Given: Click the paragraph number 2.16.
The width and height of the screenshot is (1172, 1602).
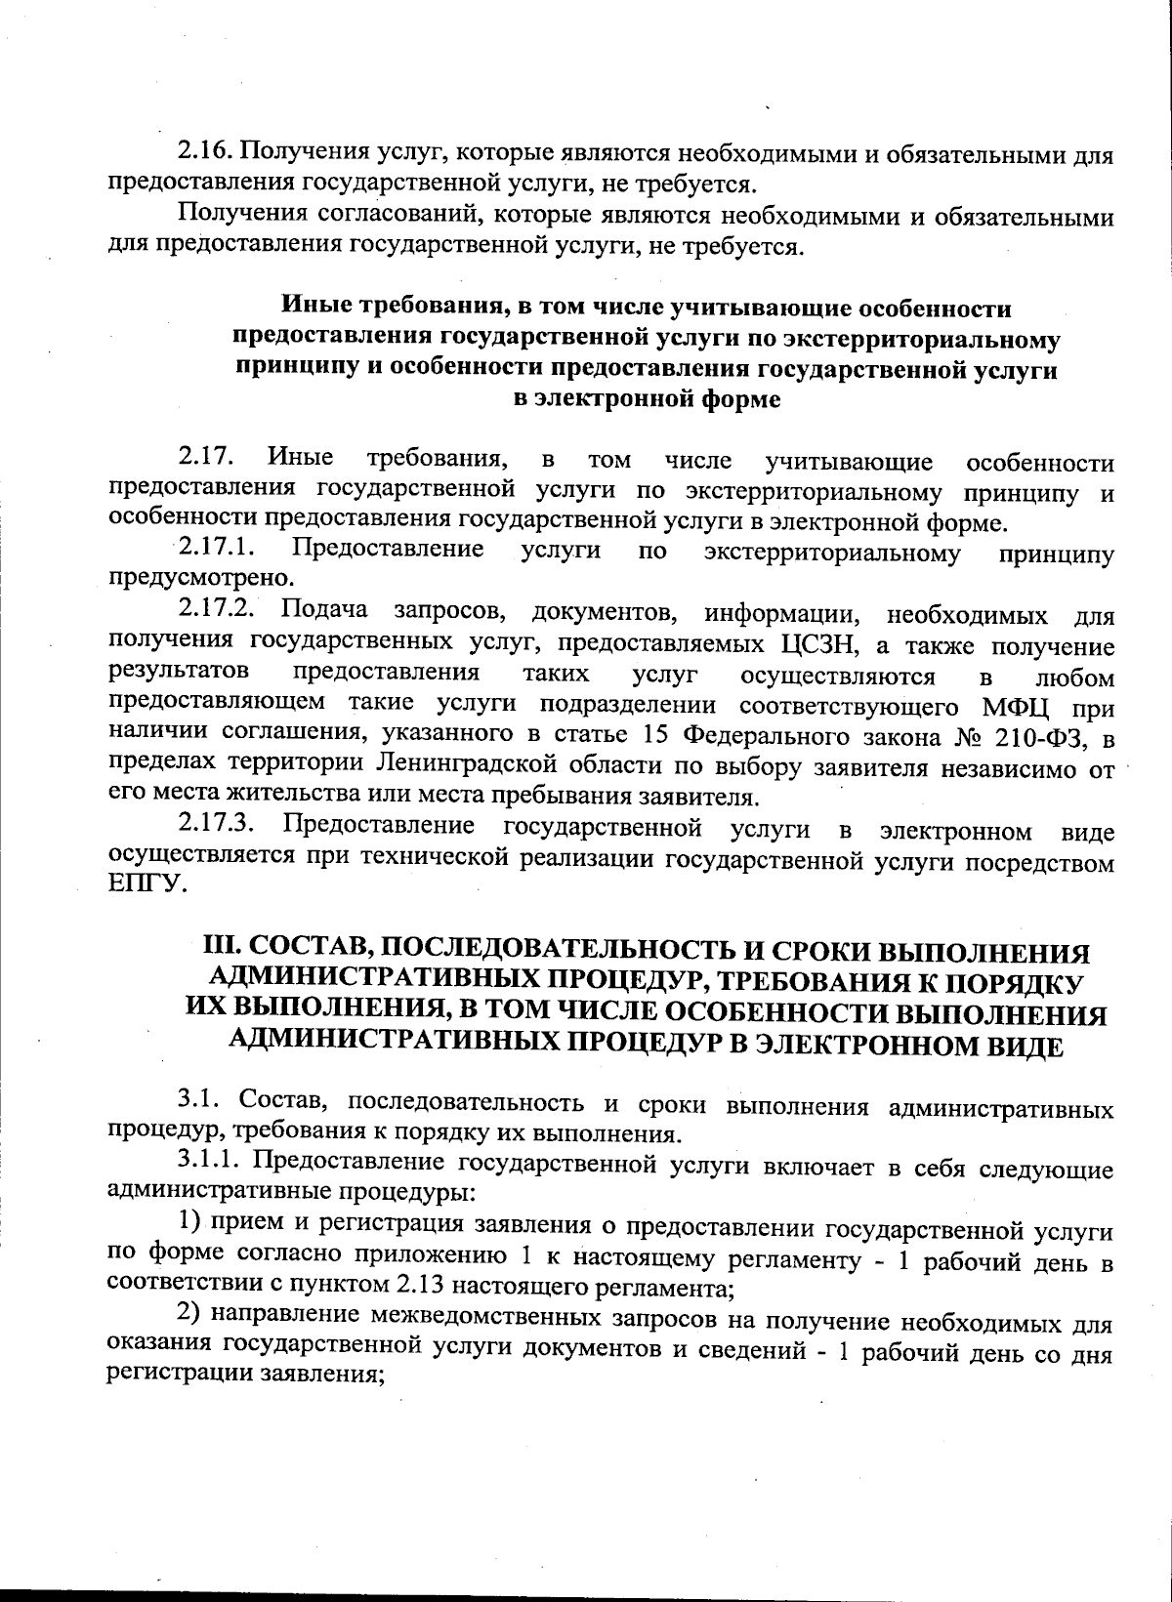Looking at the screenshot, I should pos(204,153).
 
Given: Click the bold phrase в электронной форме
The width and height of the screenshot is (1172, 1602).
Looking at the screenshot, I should pos(647,399).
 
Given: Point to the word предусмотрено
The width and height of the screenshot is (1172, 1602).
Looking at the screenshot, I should pos(187,578).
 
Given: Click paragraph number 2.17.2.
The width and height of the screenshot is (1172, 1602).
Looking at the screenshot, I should pos(218,612).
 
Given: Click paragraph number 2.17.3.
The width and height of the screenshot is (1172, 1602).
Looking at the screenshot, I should pos(218,829).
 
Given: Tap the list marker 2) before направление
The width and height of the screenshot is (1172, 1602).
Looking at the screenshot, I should pos(188,1318).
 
